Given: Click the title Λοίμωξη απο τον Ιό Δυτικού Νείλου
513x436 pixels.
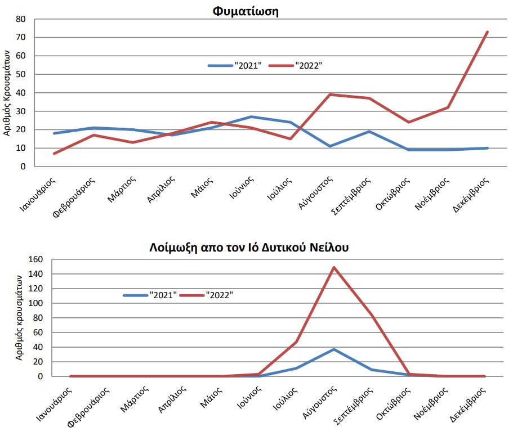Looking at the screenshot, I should click(249, 247).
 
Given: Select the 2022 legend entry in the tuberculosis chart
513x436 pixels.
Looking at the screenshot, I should click(296, 65).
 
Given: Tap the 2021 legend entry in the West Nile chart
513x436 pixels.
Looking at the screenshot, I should click(150, 295).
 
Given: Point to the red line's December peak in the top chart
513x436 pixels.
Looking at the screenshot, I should click(487, 32).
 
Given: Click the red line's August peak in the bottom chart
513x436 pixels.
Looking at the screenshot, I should click(334, 267).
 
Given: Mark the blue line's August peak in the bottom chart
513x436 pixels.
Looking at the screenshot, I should click(334, 349).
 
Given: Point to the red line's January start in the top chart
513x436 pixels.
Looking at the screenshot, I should click(53, 154).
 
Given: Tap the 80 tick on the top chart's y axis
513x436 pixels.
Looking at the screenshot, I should click(21, 19).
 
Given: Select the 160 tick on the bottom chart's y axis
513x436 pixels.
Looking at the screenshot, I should click(35, 259).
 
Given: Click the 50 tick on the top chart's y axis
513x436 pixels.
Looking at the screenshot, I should click(21, 74).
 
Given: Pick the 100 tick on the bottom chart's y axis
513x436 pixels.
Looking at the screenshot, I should click(35, 303).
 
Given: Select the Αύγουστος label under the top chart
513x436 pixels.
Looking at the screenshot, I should click(317, 194).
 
